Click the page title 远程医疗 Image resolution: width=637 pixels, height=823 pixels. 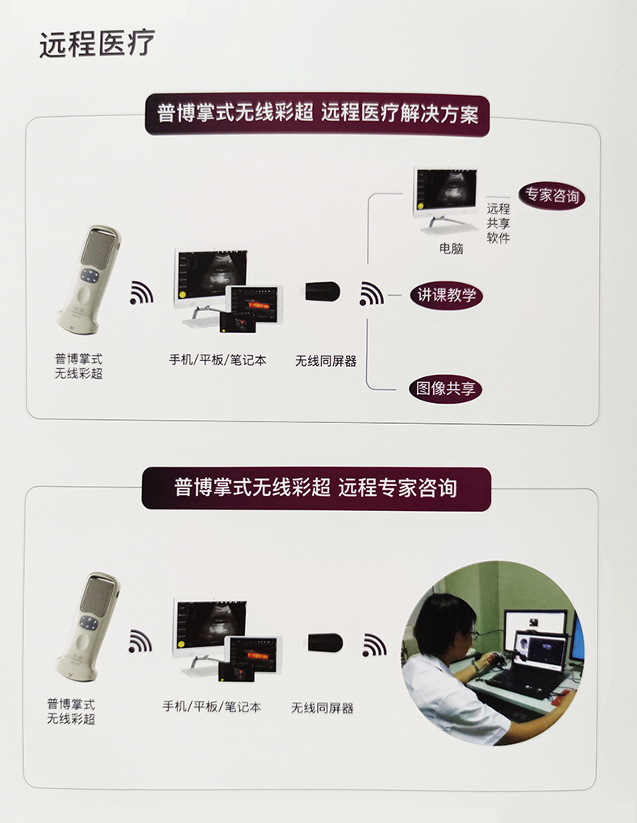pos(97,44)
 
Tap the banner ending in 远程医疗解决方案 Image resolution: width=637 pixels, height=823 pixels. pos(317,114)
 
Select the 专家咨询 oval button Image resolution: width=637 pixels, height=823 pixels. pos(552,196)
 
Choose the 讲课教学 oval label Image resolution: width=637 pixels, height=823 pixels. pos(447,295)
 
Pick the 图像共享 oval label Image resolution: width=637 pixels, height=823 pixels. pos(445,389)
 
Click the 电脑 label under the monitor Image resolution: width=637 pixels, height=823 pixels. pos(451,248)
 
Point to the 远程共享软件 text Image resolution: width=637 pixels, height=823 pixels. pos(498,223)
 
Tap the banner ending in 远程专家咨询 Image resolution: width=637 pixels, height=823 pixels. pos(316,488)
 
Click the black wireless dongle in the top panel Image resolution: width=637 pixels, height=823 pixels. pos(323,291)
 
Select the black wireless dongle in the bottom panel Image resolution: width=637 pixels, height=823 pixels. pos(325,642)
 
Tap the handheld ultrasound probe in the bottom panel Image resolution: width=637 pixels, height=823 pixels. pos(88,626)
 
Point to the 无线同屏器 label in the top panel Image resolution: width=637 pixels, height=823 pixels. pos(326,361)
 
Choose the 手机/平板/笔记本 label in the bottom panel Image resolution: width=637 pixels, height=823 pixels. pos(211,706)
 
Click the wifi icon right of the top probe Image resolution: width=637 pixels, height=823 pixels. pos(141,293)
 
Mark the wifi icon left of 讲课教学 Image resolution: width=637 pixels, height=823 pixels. pos(371,294)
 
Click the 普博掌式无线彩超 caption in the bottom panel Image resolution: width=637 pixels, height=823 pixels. pos(71,711)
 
